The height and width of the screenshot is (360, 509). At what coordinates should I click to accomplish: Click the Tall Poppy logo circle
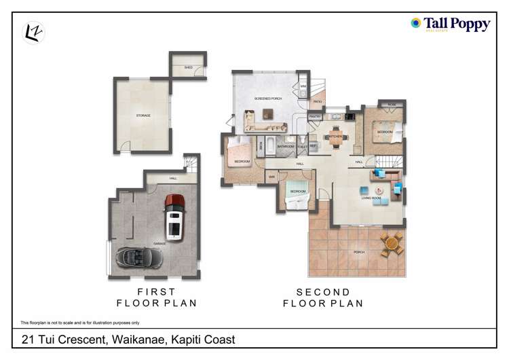pyautogui.click(x=416, y=23)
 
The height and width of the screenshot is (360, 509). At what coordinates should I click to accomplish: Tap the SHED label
pyautogui.click(x=188, y=68)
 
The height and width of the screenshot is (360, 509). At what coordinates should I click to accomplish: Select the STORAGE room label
pyautogui.click(x=143, y=115)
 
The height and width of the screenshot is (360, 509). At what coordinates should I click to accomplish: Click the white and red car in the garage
pyautogui.click(x=175, y=216)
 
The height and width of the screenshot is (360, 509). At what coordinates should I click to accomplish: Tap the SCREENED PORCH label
pyautogui.click(x=268, y=98)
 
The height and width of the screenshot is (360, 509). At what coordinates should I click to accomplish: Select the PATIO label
pyautogui.click(x=318, y=102)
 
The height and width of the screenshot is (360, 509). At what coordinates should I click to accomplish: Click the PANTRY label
pyautogui.click(x=315, y=117)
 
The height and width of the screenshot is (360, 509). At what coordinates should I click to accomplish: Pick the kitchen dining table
pyautogui.click(x=337, y=135)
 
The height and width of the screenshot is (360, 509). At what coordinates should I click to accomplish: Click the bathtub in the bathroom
pyautogui.click(x=269, y=145)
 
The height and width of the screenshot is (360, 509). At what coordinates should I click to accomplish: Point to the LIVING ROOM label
pyautogui.click(x=371, y=198)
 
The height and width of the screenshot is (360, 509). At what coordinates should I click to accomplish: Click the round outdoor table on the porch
pyautogui.click(x=392, y=242)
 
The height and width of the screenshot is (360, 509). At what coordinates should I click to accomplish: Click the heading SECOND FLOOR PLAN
pyautogui.click(x=322, y=298)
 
